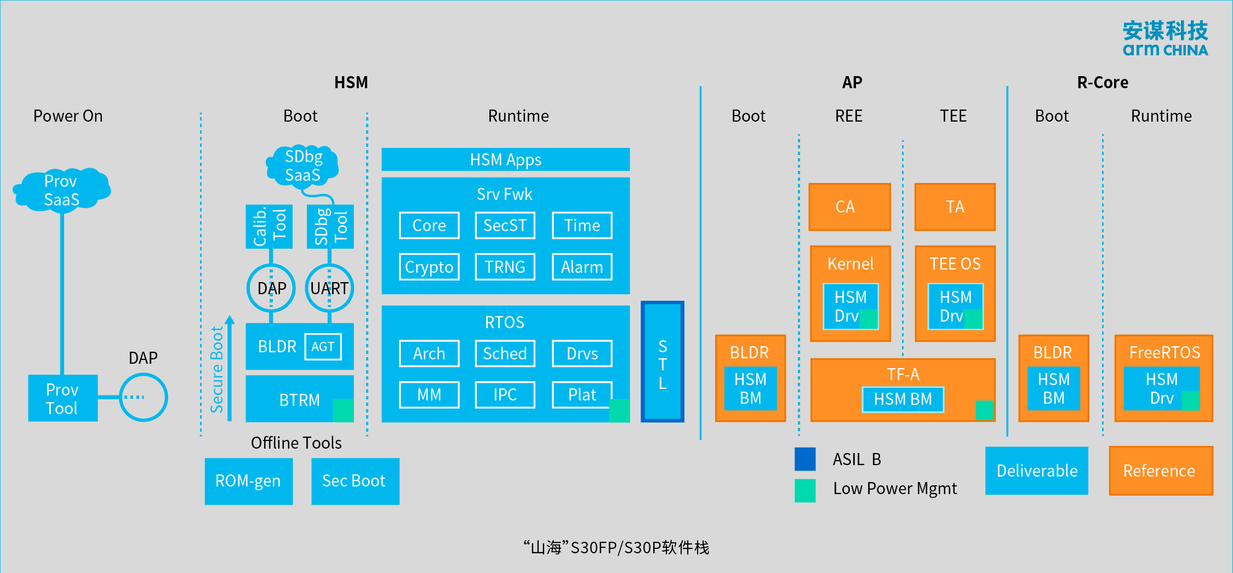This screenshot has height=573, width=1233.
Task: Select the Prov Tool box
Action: [x=62, y=398]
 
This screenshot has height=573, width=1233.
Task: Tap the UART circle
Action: [x=329, y=288]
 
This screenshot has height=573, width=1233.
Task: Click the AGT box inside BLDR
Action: [x=323, y=347]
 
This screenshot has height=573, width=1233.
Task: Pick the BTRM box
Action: [x=299, y=399]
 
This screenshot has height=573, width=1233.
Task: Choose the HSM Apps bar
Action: [x=505, y=159]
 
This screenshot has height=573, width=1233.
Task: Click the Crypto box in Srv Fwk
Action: [x=429, y=267]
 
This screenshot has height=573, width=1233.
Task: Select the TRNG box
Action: [x=505, y=267]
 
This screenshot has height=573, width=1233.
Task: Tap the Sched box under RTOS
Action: [x=505, y=353]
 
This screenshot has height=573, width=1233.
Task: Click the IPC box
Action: [x=505, y=394]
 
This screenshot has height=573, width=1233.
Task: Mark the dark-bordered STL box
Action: [x=663, y=362]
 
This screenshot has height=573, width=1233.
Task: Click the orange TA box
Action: [x=955, y=207]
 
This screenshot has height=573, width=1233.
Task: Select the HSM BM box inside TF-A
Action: [x=903, y=399]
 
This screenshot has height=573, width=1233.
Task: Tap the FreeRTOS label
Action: [x=1164, y=352]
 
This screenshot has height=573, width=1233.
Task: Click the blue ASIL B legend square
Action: [x=805, y=459]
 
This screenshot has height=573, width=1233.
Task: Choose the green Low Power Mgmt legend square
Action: [x=805, y=490]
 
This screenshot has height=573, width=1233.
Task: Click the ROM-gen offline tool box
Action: [x=248, y=481]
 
